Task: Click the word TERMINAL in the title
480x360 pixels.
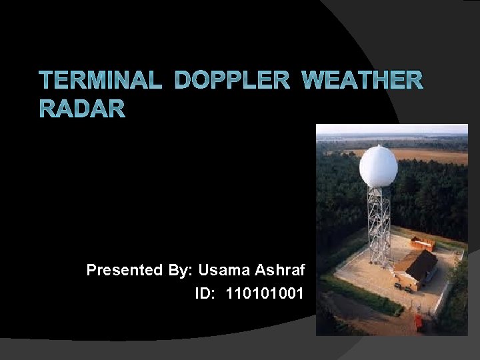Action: point(100,81)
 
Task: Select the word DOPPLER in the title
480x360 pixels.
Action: point(232,81)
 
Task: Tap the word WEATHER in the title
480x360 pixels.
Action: point(362,81)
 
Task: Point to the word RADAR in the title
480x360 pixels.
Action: point(82,109)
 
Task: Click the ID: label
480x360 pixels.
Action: point(207,293)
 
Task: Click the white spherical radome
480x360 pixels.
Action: point(378,167)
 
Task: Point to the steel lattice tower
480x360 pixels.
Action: point(379,227)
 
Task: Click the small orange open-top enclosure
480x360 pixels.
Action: point(423,243)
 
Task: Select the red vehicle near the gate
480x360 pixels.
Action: point(418,322)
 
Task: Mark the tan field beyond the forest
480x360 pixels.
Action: point(427,156)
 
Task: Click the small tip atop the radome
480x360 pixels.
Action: point(378,145)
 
